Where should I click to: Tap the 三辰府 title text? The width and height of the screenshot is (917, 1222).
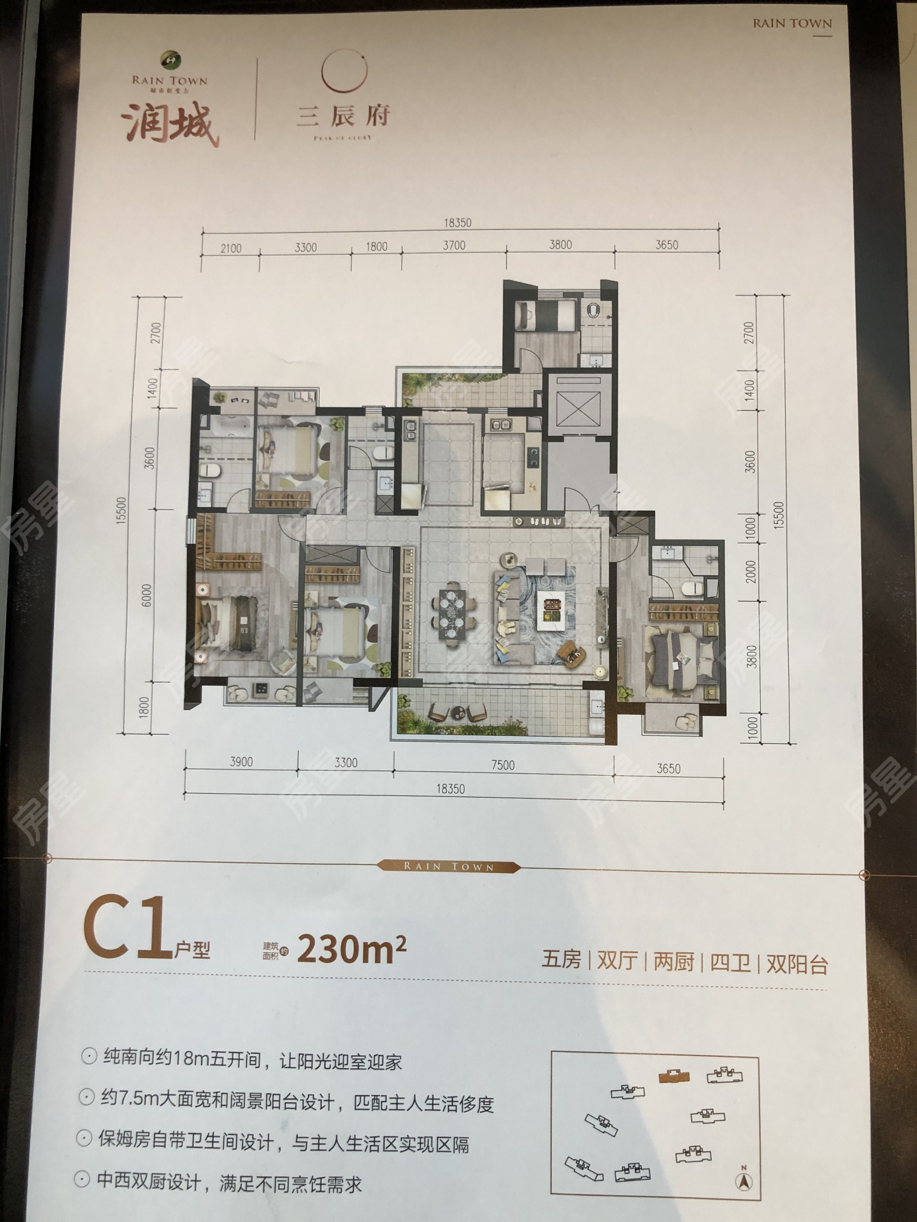click(343, 116)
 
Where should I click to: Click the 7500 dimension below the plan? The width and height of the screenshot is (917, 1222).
click(502, 765)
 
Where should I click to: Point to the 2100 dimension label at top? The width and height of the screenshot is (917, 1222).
click(231, 249)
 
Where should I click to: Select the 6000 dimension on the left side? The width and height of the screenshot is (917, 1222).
click(147, 596)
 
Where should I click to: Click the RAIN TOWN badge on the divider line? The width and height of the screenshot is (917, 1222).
click(448, 866)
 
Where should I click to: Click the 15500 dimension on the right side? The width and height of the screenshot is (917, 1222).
click(778, 516)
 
